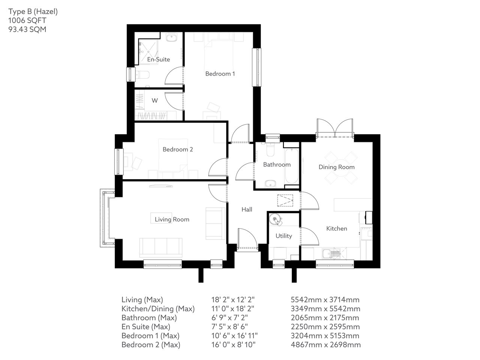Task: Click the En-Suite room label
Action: (158, 59)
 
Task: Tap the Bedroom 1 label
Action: (220, 73)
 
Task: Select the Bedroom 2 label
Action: (178, 149)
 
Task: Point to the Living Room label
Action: (172, 219)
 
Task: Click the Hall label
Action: (247, 210)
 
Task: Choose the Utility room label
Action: (283, 236)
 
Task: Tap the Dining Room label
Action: (336, 167)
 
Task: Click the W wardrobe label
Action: (154, 100)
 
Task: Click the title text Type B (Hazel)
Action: (33, 12)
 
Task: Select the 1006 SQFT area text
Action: (27, 21)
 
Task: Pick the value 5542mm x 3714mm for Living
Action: (325, 300)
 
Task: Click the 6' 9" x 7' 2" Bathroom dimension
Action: (231, 318)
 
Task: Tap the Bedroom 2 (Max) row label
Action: (151, 345)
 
